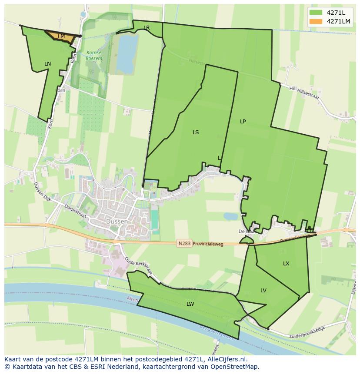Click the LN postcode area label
[47, 64]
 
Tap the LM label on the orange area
[61, 36]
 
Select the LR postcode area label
[147, 28]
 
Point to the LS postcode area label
[196, 132]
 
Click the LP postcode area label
[243, 122]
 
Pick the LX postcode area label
[286, 264]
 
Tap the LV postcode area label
[263, 291]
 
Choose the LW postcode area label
[190, 304]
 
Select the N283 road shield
[184, 244]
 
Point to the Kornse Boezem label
[93, 55]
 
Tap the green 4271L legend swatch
[316, 12]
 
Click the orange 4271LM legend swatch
[316, 21]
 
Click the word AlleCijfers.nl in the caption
[226, 359]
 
